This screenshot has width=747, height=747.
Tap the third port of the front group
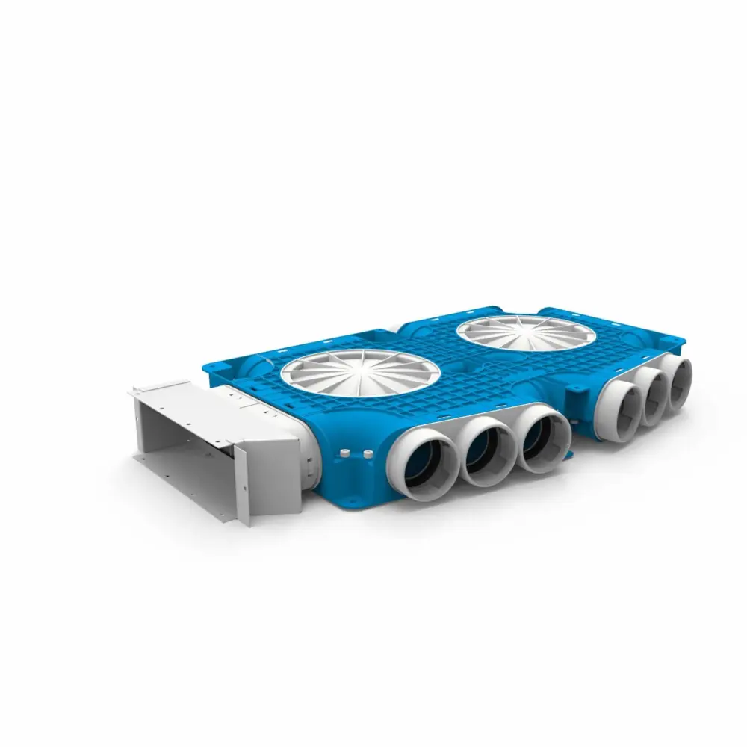pyautogui.click(x=544, y=438)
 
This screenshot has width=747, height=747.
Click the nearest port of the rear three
pyautogui.click(x=621, y=403)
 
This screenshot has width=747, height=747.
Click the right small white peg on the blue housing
pyautogui.click(x=367, y=453)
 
